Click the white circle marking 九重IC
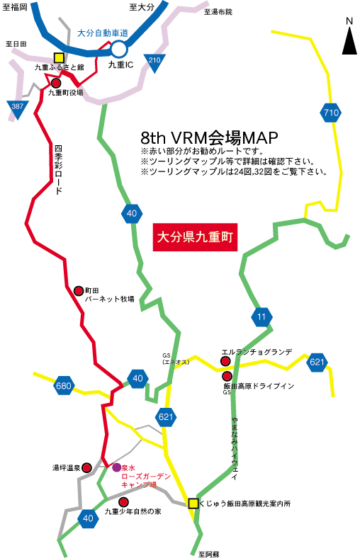[119, 49]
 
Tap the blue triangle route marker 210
[154, 62]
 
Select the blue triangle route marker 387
[17, 108]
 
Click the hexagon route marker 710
[331, 113]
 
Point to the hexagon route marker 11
[261, 317]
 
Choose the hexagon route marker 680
[64, 386]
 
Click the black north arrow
[349, 40]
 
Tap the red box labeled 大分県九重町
[195, 237]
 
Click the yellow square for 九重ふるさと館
[59, 58]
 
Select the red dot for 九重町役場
[56, 84]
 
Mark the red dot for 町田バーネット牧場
[79, 291]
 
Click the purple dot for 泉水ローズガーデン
[116, 467]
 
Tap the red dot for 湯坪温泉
[87, 467]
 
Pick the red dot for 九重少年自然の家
[123, 502]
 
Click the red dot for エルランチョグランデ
[225, 362]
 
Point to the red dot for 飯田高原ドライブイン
[227, 376]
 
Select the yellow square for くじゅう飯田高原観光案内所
[193, 503]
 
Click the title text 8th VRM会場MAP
[209, 137]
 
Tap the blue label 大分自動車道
[103, 33]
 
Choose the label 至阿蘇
[209, 554]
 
